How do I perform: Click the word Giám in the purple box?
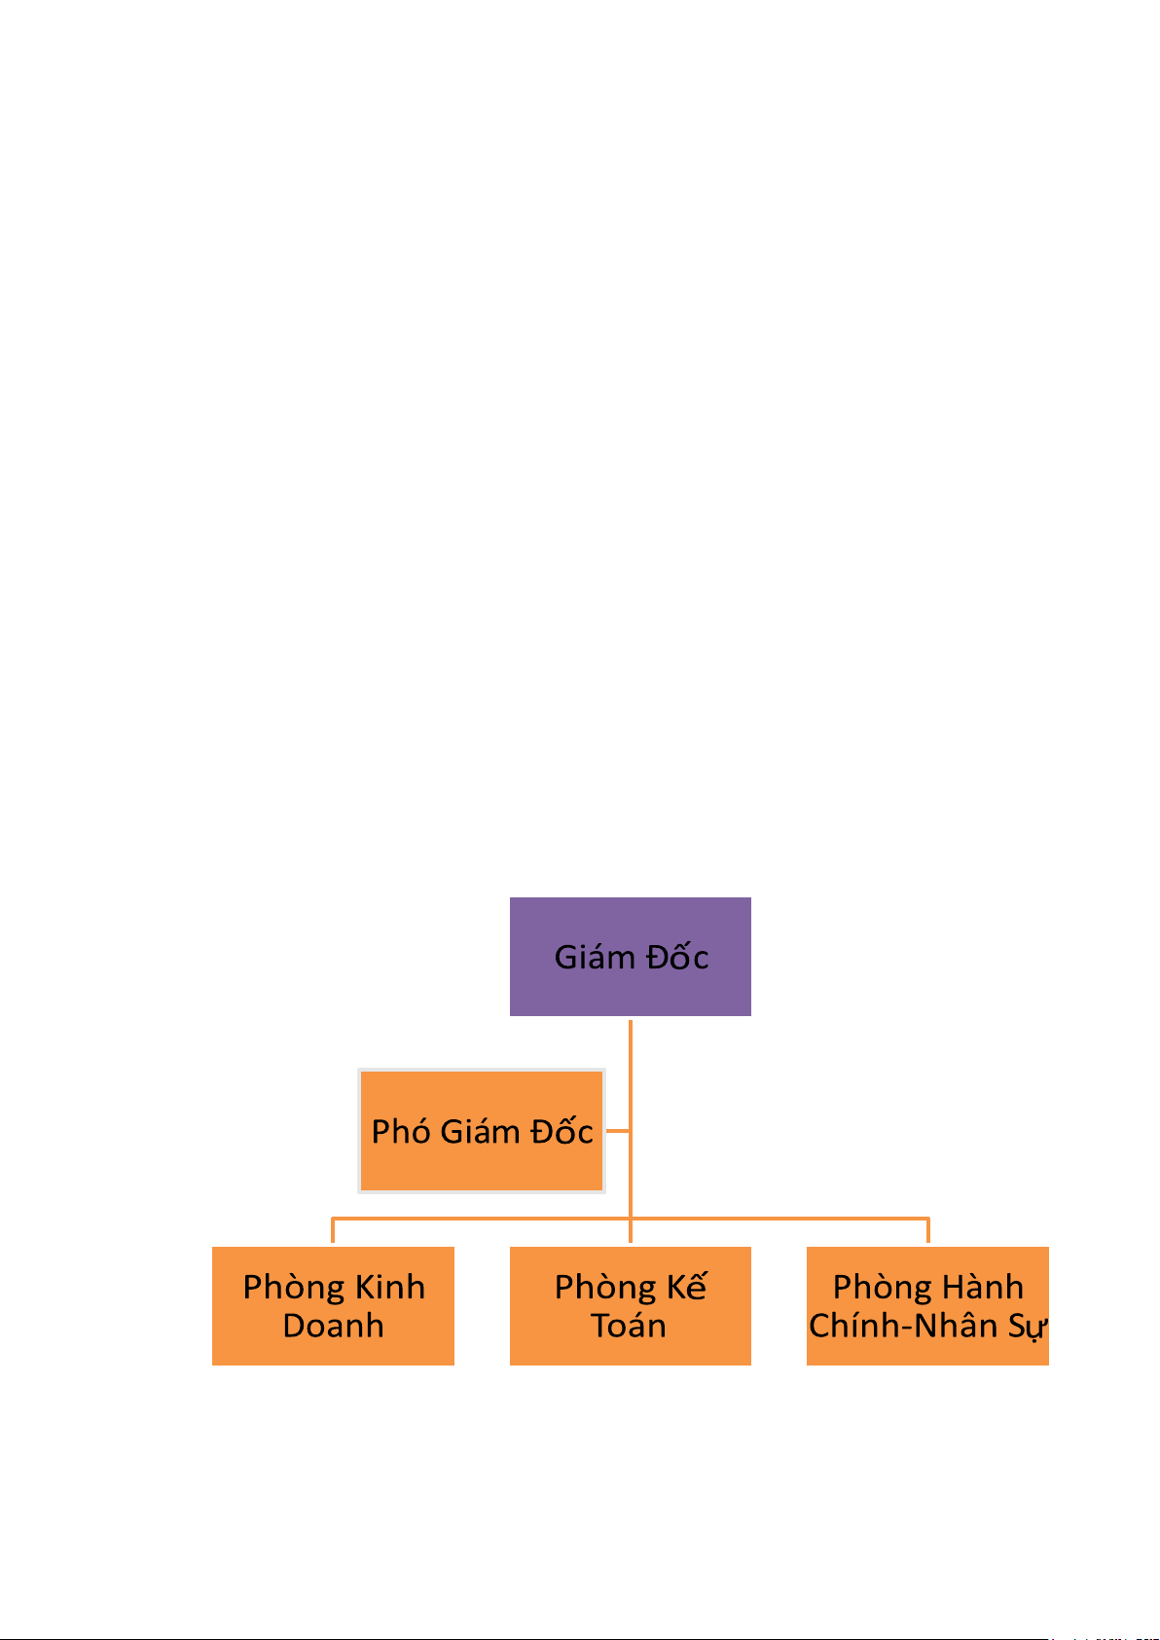point(594,958)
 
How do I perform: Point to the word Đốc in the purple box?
point(677,958)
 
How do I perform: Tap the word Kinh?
point(389,1288)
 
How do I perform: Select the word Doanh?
point(333,1326)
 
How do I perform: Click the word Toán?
point(629,1326)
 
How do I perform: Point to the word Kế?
point(686,1287)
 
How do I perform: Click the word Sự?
point(1027,1327)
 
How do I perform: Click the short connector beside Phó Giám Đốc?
point(617,1131)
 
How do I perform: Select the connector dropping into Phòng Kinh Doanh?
point(333,1231)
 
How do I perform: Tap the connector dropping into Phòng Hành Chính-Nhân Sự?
point(927,1231)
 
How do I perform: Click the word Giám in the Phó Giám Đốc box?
point(480,1132)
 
